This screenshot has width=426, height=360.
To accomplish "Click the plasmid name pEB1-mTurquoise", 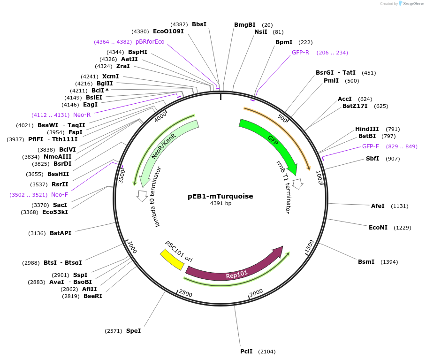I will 221,196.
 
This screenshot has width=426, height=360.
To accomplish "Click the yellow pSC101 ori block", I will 172,260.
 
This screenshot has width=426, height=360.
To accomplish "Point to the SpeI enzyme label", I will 133,331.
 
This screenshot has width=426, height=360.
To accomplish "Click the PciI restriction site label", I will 246,352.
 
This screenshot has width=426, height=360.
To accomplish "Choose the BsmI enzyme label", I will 366,261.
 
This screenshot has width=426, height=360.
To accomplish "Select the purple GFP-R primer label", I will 300,53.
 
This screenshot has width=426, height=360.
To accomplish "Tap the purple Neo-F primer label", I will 60,195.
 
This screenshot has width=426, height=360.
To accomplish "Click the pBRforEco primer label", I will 150,42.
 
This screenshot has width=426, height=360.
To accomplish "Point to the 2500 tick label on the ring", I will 185,293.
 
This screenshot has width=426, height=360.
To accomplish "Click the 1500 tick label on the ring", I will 309,246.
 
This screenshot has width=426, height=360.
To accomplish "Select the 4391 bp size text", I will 221,204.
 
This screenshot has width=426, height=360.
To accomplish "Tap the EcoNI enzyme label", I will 378,228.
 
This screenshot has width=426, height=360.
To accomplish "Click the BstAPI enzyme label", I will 61,233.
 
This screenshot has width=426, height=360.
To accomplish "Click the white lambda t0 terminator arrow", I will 142,196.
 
